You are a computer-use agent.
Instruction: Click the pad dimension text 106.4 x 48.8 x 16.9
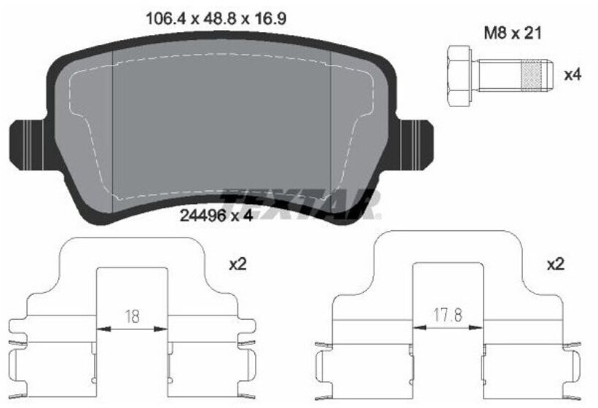[216, 18]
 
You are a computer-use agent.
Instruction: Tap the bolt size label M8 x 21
[513, 34]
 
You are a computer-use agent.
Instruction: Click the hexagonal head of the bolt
[460, 76]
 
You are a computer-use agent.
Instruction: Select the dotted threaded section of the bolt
[531, 76]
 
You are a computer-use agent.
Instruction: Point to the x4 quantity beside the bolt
[573, 75]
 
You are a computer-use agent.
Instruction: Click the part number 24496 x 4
[216, 216]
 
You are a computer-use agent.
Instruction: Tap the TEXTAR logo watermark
[302, 204]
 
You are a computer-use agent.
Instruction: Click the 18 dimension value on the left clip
[132, 316]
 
